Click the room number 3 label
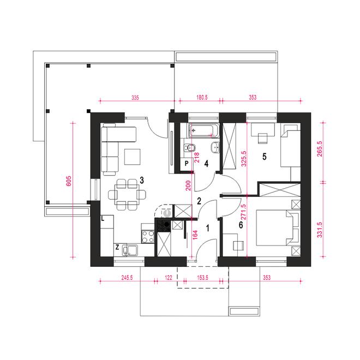142,181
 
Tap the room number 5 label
264,157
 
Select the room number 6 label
241,225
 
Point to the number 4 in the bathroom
206,164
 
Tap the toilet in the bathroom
190,148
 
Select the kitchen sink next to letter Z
130,250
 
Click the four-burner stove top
148,237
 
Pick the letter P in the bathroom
187,164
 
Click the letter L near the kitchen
103,219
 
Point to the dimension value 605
69,181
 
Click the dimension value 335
135,98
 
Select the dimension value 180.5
202,97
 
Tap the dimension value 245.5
127,278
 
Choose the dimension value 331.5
319,230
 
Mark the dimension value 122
169,278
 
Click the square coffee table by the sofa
132,157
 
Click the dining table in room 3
127,195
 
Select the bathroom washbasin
215,147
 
